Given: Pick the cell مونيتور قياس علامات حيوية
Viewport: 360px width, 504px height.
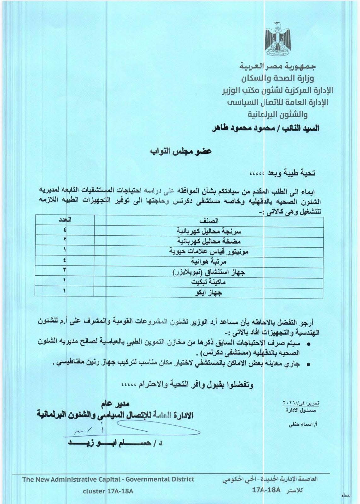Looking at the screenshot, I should coord(209,252).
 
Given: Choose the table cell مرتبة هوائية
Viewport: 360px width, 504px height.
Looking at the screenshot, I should coord(209,262).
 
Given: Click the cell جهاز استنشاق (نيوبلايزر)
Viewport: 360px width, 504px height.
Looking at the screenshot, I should coord(209,272).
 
